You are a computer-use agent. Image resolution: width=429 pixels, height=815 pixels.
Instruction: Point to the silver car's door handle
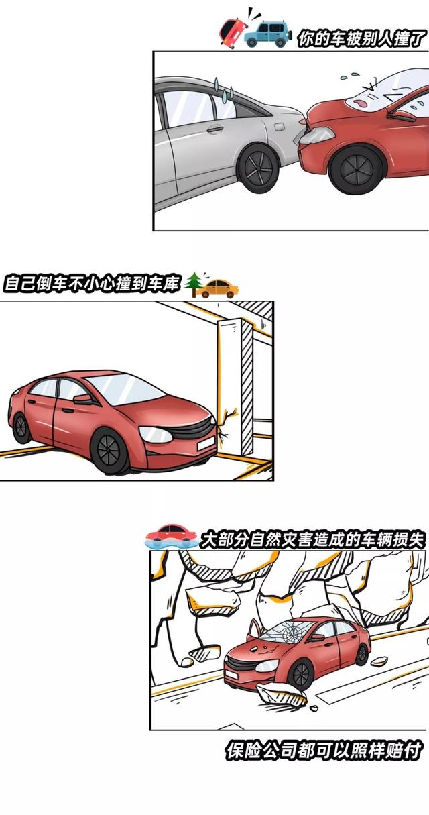click(214, 129)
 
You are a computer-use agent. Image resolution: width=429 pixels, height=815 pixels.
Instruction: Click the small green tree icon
click(194, 284)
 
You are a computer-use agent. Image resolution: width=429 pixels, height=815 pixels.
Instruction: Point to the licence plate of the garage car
click(205, 443)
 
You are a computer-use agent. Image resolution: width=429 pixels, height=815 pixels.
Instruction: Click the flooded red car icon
click(172, 535)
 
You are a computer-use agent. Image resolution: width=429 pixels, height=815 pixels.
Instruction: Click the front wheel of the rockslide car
click(302, 673)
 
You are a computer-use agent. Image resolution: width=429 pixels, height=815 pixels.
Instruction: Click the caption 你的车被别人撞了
click(363, 39)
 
